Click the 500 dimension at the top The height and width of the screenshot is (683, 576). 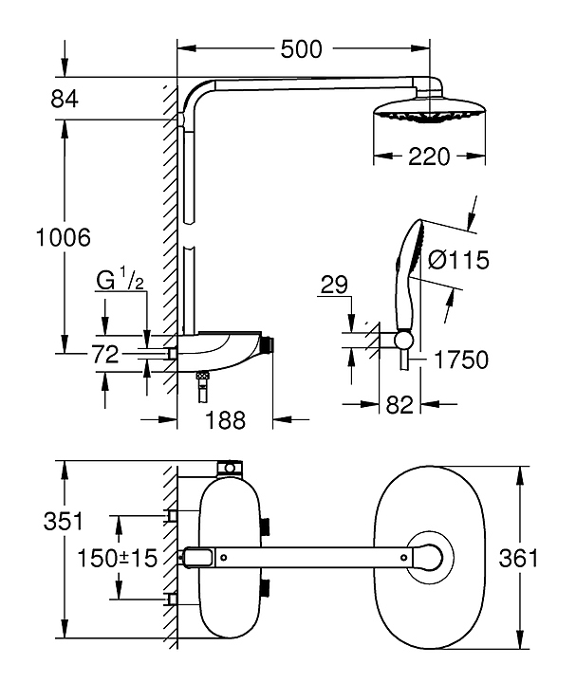[x=302, y=49]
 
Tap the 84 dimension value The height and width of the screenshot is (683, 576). [x=64, y=99]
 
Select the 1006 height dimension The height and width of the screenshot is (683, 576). [x=64, y=238]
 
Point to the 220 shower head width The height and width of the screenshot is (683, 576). [x=429, y=157]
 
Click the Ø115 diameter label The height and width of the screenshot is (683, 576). [x=458, y=260]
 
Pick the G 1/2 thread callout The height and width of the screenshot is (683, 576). [x=120, y=280]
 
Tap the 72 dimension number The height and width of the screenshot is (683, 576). [x=105, y=355]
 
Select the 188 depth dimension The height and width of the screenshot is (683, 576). [x=225, y=420]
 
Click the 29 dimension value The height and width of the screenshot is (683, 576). [x=334, y=285]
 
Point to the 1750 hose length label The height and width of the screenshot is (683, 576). [x=461, y=360]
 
